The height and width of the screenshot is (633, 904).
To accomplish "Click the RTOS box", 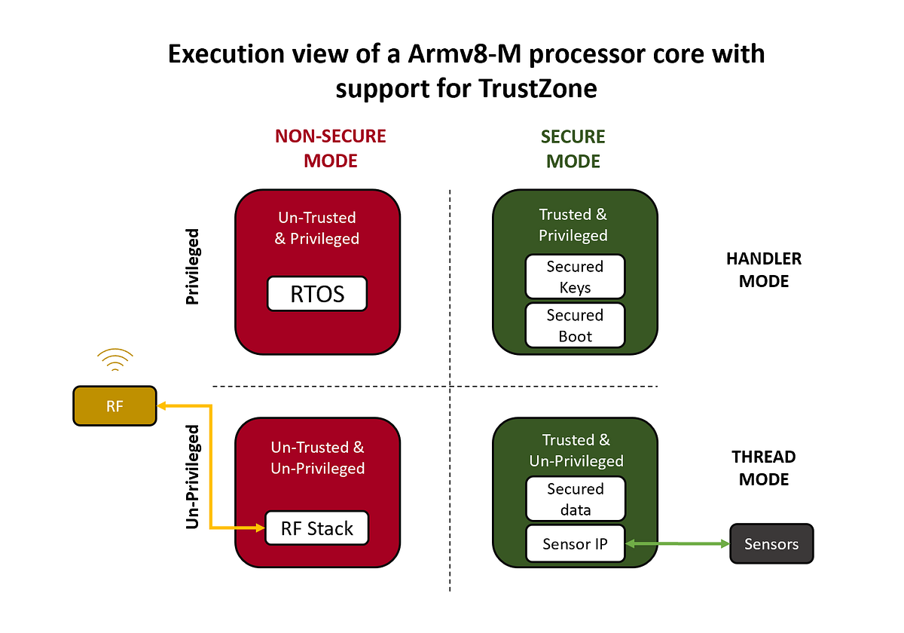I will (317, 294).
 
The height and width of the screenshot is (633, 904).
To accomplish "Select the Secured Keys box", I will (575, 277).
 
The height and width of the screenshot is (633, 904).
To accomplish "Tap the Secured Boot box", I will (575, 326).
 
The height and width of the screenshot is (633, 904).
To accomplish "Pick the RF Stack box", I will (316, 528).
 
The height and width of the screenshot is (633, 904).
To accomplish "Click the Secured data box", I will (575, 499).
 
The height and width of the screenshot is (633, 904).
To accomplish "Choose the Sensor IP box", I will (575, 543).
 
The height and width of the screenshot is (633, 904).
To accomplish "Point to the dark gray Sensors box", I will (771, 543).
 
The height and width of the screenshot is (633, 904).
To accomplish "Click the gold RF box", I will (115, 406).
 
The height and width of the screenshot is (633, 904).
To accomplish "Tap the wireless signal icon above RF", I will (115, 360).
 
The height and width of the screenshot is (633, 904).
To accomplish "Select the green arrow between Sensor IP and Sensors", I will (677, 543).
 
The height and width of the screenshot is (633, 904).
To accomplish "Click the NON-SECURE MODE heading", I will (330, 148).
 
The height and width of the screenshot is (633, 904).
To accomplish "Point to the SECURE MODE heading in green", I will (573, 148).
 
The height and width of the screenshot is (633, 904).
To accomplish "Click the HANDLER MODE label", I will (764, 270).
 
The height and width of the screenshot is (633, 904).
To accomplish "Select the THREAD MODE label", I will (764, 468).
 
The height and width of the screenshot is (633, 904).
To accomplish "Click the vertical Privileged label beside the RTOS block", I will (194, 267).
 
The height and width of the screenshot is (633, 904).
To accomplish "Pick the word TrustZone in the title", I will (537, 89).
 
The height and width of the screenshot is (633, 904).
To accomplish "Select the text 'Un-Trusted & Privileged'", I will (316, 228).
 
